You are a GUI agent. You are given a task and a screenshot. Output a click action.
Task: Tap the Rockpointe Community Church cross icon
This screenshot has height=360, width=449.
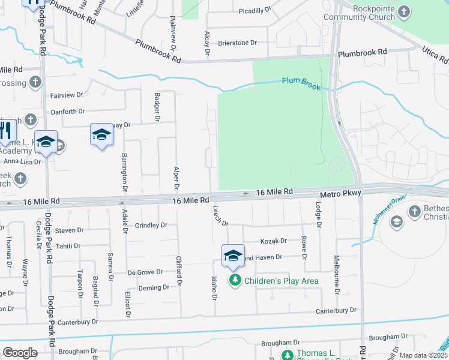click(x=405, y=11)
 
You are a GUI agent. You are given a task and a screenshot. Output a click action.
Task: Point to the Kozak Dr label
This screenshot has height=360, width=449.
click(x=273, y=241)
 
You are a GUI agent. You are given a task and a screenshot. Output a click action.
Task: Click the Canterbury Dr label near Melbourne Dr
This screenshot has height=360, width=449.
click(x=336, y=311)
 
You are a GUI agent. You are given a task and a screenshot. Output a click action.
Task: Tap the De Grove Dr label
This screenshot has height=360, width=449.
click(x=145, y=272)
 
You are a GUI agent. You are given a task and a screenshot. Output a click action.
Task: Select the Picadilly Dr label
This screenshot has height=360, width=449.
click(x=255, y=11)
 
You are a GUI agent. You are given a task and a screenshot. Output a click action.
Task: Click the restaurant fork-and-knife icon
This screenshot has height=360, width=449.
click(x=5, y=130)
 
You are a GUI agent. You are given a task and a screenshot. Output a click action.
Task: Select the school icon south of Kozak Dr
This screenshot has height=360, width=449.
click(x=233, y=256)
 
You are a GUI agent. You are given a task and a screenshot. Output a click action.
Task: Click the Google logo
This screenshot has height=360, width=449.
click(x=20, y=353)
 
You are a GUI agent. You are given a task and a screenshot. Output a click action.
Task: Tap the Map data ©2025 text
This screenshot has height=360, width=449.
click(x=423, y=355)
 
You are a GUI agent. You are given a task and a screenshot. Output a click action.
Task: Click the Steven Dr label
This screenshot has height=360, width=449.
click(x=69, y=230)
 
